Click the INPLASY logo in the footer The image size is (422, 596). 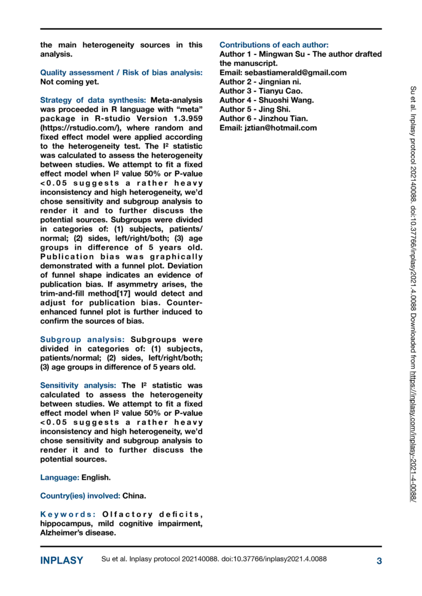coord(62,560)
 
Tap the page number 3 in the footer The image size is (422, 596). coord(379,560)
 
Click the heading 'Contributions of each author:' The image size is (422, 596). coord(274,45)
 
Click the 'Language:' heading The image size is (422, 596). coord(60,477)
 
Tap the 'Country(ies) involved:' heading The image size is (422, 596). coord(80,496)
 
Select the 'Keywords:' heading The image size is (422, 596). coord(69,514)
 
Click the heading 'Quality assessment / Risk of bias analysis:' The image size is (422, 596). coord(121,72)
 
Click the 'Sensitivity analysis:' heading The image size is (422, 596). coord(78,386)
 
